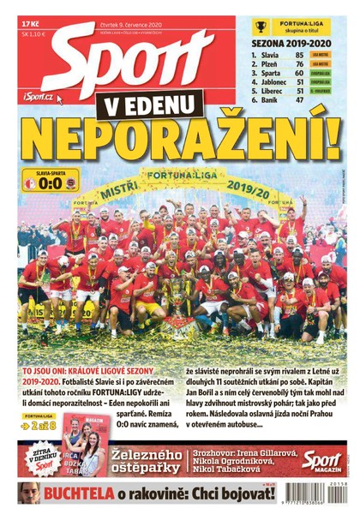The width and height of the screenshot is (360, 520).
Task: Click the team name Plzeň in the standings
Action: coord(269,65)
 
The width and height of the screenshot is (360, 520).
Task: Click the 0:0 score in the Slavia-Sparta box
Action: coord(51,182)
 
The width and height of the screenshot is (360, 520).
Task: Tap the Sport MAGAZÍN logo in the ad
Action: coord(321,460)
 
